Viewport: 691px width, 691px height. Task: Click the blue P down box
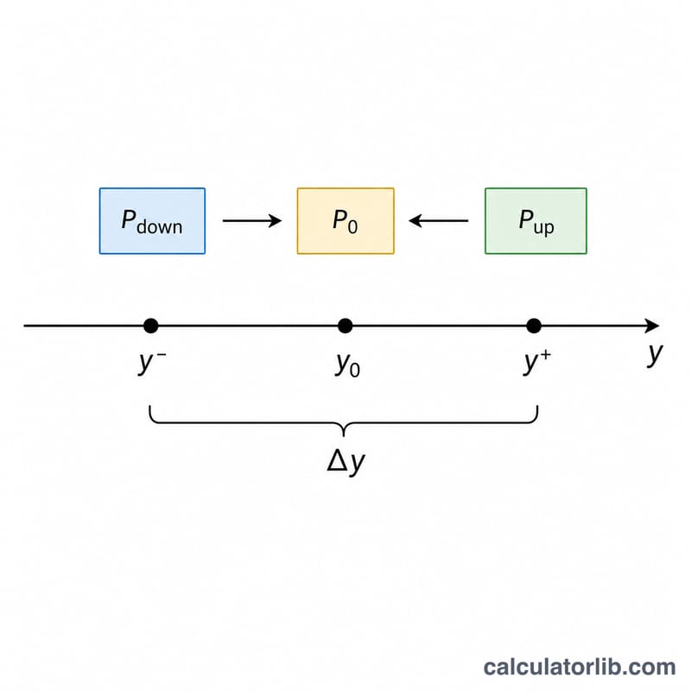152,221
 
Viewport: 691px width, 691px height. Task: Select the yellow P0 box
345,221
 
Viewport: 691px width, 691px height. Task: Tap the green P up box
536,221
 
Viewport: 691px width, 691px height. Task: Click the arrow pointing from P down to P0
252,220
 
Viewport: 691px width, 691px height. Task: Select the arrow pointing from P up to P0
439,220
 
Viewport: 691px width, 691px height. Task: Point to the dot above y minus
150,326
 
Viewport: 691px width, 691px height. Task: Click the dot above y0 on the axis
345,326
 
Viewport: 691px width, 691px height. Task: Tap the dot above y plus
534,326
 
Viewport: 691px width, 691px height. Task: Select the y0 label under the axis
348,365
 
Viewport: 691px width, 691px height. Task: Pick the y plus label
537,362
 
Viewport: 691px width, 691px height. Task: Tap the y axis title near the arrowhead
655,354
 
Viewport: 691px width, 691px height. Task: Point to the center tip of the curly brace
344,436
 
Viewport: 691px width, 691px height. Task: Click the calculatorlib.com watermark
580,667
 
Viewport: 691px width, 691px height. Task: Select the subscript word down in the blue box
160,227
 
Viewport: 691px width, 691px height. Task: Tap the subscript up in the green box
544,228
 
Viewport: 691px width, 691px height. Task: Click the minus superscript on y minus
162,355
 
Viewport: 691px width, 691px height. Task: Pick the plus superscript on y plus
546,355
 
